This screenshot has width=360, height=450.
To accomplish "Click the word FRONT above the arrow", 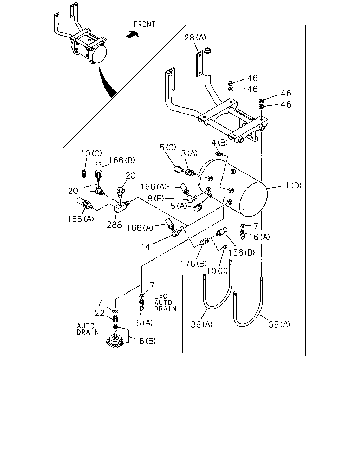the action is click(x=144, y=24).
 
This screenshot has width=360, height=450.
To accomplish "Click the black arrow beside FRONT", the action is click(x=133, y=34).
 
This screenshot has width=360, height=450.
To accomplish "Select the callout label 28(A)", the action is click(x=195, y=37).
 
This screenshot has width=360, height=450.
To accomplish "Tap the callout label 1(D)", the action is click(x=294, y=186).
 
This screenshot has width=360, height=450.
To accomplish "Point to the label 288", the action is click(x=114, y=225).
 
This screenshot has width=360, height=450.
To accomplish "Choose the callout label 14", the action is click(x=146, y=247).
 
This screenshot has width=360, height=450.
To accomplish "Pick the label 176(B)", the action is click(x=193, y=264).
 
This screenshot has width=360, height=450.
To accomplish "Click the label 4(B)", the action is click(x=219, y=143).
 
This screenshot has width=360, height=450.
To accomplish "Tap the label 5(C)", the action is click(x=168, y=147).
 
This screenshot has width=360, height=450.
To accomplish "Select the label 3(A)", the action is click(x=189, y=154).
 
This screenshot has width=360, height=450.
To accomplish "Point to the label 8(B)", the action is click(x=156, y=198).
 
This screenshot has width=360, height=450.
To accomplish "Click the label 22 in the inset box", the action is click(x=99, y=313).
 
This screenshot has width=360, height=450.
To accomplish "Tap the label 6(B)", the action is click(x=147, y=341).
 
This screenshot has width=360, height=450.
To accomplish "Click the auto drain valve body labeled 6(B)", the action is click(x=115, y=342).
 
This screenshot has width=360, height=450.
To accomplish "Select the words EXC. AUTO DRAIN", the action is click(x=166, y=303).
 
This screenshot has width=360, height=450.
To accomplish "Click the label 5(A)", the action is click(x=179, y=206).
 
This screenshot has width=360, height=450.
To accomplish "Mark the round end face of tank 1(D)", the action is click(x=253, y=199).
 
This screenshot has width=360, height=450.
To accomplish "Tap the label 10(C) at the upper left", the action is click(x=91, y=154).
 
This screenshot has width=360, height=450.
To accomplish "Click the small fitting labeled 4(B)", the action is click(x=219, y=154).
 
